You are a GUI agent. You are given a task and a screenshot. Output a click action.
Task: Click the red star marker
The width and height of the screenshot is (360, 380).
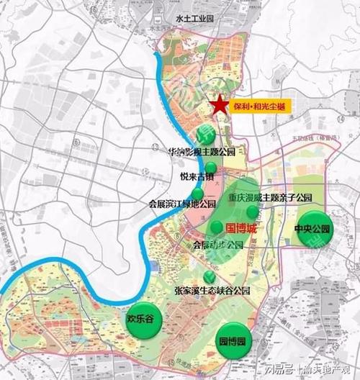pos(220,106)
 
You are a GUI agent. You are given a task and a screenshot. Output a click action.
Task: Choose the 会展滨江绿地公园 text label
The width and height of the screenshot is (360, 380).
pos(182,204)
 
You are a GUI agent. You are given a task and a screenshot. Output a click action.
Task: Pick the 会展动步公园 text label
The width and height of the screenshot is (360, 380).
pos(218,245)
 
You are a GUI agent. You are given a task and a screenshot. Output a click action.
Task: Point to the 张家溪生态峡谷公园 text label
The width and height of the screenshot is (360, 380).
pos(212,291)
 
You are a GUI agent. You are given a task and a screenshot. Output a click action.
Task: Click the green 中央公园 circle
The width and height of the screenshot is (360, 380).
pos(315,228)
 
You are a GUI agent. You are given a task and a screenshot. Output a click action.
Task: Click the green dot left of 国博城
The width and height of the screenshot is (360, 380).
pos(217,227)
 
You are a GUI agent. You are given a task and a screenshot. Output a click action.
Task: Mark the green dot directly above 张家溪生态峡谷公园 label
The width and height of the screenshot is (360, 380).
pos(210,276)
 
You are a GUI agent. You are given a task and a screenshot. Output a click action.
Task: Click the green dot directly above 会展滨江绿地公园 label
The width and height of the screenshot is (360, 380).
pos(197,193)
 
